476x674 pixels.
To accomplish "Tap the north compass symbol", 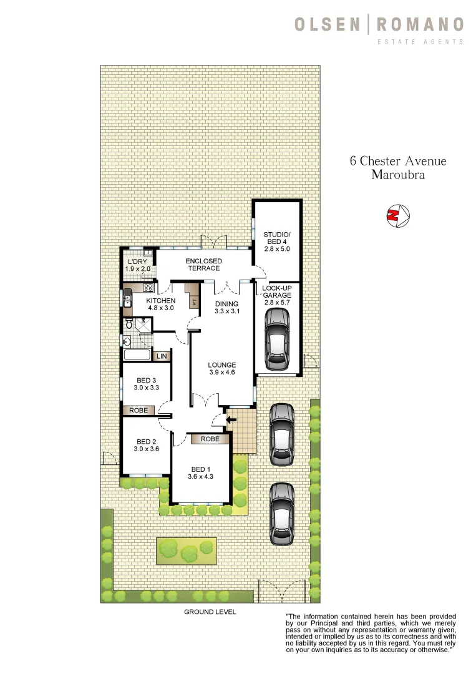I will click(397, 215).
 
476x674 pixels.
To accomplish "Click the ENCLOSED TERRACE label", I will click(203, 264).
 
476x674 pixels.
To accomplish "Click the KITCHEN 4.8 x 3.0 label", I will click(161, 304).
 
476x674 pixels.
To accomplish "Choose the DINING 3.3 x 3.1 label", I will click(227, 307).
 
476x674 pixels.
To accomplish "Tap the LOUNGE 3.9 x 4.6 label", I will click(222, 369).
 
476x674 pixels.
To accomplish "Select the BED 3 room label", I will click(144, 384).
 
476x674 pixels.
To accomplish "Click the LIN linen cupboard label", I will click(162, 356).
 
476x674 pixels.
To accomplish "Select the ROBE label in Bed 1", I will click(210, 439).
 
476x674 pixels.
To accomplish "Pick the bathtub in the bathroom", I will click(137, 356).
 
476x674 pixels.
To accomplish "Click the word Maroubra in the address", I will click(397, 175).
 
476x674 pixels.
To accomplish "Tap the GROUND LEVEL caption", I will click(210, 612).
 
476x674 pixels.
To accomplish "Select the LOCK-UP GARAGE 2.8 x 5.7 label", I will click(277, 297).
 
